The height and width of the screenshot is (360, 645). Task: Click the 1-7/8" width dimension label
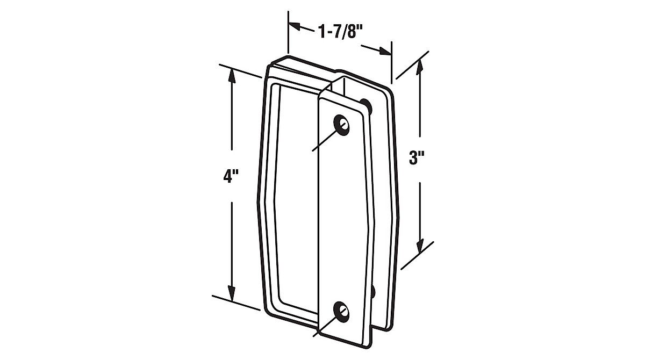339,33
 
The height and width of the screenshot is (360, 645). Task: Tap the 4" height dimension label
231,177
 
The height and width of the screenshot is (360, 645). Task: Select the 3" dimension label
417,159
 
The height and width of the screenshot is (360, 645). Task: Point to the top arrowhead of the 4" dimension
232,76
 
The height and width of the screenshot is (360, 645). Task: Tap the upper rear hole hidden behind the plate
365,103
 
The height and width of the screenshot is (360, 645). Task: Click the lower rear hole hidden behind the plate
372,291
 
